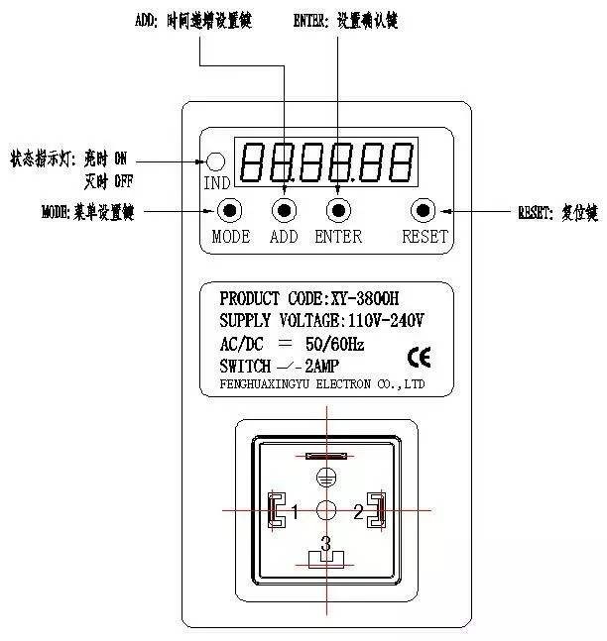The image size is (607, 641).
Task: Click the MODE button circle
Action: pos(230,210)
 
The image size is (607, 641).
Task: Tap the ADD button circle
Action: pos(285,210)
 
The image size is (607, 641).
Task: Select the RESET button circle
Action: pos(425,210)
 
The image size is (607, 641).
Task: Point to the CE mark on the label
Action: pos(420,357)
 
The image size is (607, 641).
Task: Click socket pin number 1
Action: pos(295,512)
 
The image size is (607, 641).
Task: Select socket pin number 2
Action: pos(358,512)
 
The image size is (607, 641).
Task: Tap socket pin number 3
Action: pos(325,544)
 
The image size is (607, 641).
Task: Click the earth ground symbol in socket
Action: pos(325,480)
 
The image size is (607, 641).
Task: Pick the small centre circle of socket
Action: pos(325,511)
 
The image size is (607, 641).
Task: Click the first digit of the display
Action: pos(252,162)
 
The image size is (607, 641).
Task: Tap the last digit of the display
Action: pos(401,162)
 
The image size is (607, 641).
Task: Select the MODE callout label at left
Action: pos(87,212)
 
